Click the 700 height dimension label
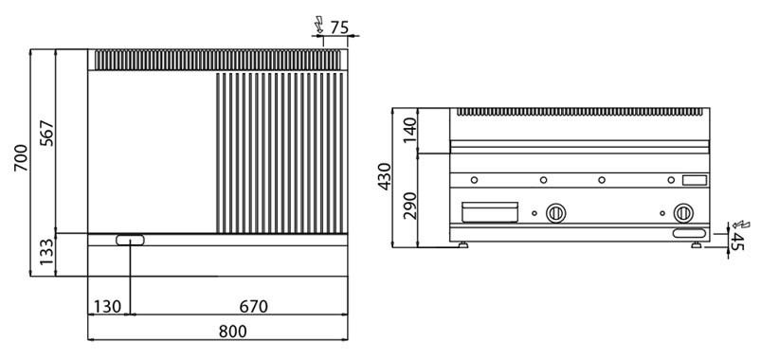tap(21, 157)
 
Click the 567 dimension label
tap(47, 134)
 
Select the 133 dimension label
tap(47, 252)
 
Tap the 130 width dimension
tap(107, 307)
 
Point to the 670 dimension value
tap(253, 307)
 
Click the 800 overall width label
tap(232, 332)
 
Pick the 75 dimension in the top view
tap(339, 27)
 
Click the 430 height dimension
tap(385, 176)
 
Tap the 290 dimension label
tap(410, 206)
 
